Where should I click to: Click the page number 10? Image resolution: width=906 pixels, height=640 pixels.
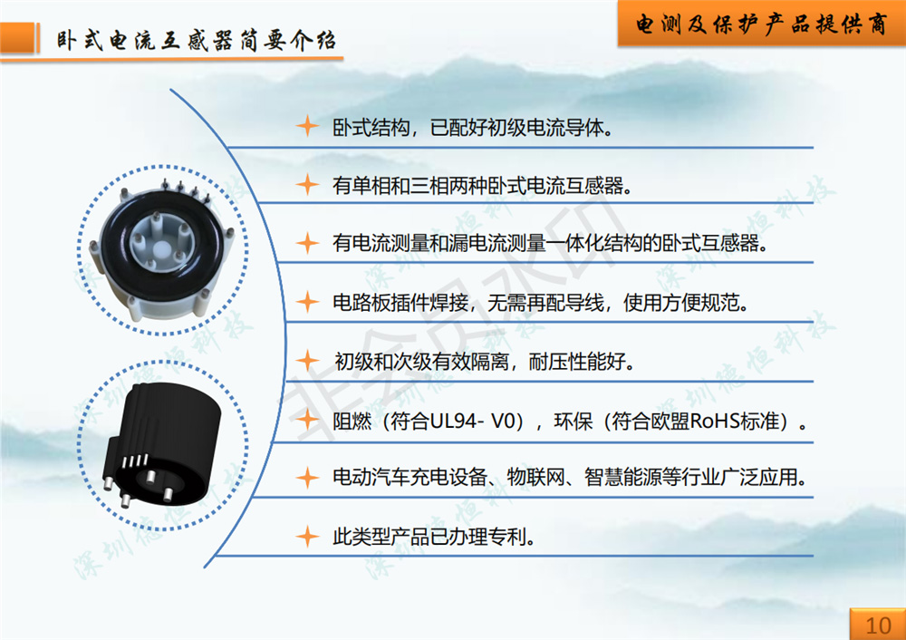pos(878,625)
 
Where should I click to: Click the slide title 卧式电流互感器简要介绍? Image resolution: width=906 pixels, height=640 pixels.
pos(196,41)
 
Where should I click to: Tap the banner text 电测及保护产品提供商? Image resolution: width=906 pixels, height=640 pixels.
pos(761,24)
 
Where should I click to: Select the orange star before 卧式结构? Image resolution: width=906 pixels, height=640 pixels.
pos(307,126)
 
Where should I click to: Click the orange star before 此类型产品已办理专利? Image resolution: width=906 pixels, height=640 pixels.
pos(307,537)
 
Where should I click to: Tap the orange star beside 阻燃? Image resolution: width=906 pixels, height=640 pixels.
pos(307,420)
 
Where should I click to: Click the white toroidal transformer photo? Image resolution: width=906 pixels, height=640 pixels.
pos(162,250)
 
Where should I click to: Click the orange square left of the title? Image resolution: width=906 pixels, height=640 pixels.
pos(17,38)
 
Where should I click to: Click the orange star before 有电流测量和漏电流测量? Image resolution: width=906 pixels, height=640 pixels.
pos(307,243)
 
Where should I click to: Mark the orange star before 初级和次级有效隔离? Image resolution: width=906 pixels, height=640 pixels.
pos(307,361)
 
